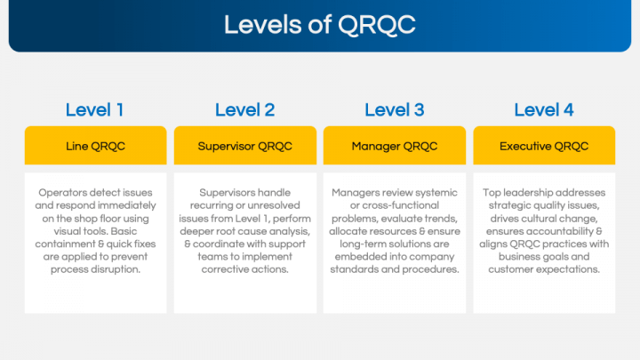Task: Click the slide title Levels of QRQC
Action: pyautogui.click(x=319, y=24)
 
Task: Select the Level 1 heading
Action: pyautogui.click(x=95, y=110)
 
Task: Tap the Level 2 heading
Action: pyautogui.click(x=244, y=110)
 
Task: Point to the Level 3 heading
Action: pyautogui.click(x=394, y=110)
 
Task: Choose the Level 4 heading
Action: pyautogui.click(x=544, y=110)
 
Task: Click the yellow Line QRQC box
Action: pyautogui.click(x=95, y=146)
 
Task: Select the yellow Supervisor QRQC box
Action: pyautogui.click(x=244, y=146)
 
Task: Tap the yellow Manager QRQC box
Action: pyautogui.click(x=394, y=146)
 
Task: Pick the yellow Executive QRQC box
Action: pyautogui.click(x=544, y=146)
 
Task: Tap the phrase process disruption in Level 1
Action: pyautogui.click(x=96, y=269)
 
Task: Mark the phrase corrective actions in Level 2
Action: pyautogui.click(x=244, y=269)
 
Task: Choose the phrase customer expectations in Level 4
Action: pyautogui.click(x=544, y=269)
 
